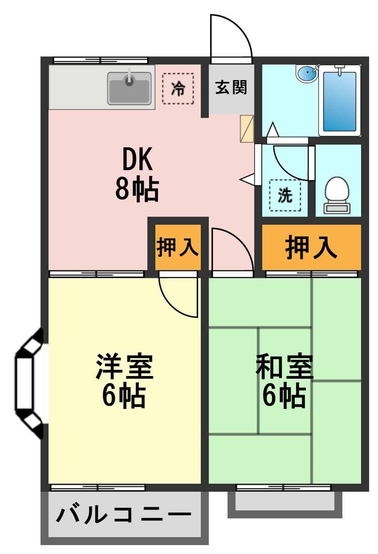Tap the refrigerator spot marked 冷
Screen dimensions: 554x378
click(178, 89)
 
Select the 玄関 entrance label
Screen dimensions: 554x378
click(231, 88)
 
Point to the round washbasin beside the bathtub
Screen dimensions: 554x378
click(306, 73)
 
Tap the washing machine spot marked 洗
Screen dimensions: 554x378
click(285, 195)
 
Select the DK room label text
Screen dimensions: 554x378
click(137, 160)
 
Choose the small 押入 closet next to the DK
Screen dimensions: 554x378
click(178, 247)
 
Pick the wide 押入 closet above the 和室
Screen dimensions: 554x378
click(311, 247)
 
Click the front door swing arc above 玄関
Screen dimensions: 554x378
click(231, 36)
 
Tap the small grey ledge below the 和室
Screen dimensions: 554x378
click(285, 502)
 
